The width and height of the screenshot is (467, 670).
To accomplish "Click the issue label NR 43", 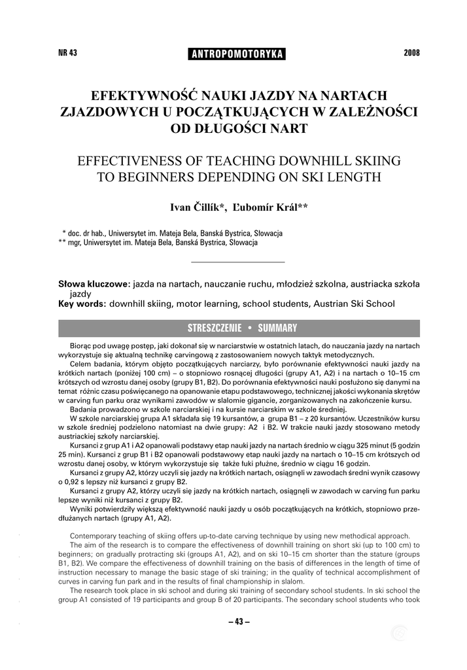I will point(68,53).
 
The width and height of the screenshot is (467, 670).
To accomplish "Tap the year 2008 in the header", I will point(411,53).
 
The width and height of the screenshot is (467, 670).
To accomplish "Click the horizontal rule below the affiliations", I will point(237,262).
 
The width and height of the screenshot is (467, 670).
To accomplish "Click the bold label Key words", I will point(82,304).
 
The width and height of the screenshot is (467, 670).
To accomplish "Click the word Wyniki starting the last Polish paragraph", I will point(81,508).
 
